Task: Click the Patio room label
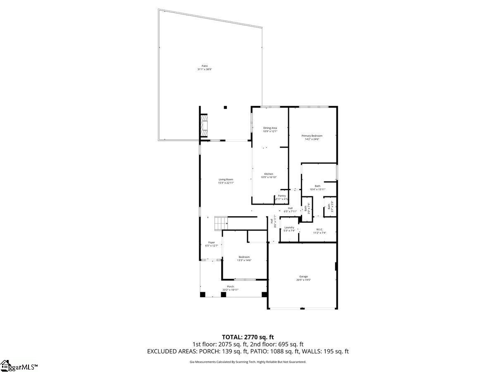click(x=204, y=66)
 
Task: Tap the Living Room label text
click(x=226, y=179)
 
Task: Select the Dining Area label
click(x=270, y=128)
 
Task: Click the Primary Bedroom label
click(x=312, y=136)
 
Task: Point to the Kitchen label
click(x=269, y=174)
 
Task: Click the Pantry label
click(x=282, y=196)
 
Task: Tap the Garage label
click(x=303, y=277)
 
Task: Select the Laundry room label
click(x=289, y=227)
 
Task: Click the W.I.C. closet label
click(x=320, y=229)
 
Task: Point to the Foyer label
click(x=212, y=243)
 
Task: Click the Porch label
click(x=231, y=286)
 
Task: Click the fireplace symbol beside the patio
click(x=203, y=125)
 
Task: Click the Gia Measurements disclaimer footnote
click(x=248, y=362)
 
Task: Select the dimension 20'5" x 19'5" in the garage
click(x=303, y=280)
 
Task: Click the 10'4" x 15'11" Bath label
click(x=317, y=188)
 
